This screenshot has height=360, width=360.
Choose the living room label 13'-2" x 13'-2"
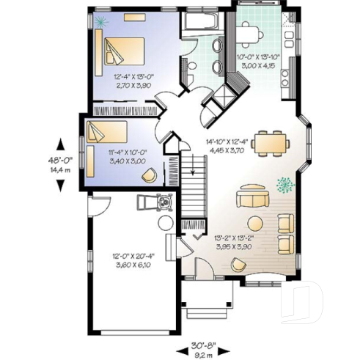point(233,240)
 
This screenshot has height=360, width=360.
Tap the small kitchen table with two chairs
point(251,32)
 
